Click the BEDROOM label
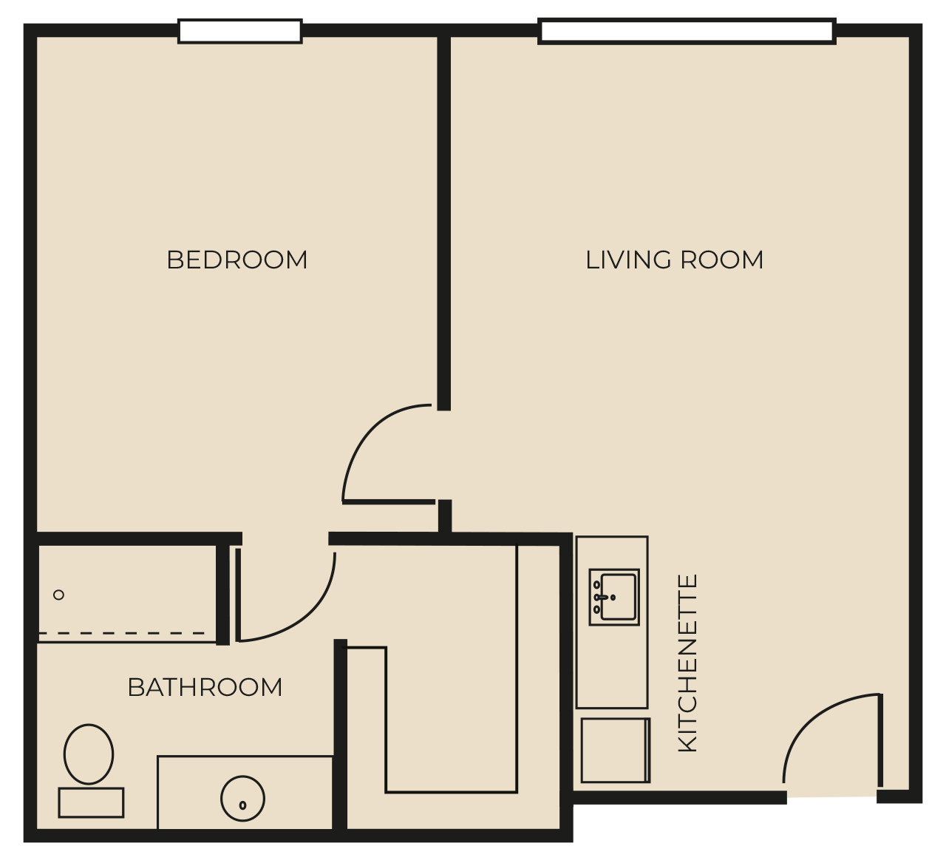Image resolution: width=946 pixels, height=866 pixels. pyautogui.click(x=236, y=260)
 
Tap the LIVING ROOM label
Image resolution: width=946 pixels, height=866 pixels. pyautogui.click(x=674, y=260)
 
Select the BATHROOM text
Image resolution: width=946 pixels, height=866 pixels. pyautogui.click(x=205, y=687)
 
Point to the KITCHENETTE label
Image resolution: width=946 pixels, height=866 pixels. pyautogui.click(x=687, y=663)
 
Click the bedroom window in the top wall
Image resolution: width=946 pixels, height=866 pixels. pyautogui.click(x=240, y=31)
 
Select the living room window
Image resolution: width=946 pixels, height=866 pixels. pyautogui.click(x=687, y=31)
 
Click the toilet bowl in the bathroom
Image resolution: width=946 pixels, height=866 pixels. pyautogui.click(x=89, y=754)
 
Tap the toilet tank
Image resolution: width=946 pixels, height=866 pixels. pyautogui.click(x=91, y=802)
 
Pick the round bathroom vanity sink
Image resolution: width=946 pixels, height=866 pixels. pyautogui.click(x=243, y=799)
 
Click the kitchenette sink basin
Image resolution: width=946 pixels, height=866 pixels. pyautogui.click(x=619, y=597)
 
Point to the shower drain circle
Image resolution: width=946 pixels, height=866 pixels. pyautogui.click(x=58, y=595)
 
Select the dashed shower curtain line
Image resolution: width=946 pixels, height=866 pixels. pyautogui.click(x=122, y=633)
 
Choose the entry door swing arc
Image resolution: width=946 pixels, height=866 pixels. pyautogui.click(x=812, y=714)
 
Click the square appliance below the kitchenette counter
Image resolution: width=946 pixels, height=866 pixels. pyautogui.click(x=616, y=751)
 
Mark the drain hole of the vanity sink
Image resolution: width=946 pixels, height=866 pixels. pyautogui.click(x=243, y=805)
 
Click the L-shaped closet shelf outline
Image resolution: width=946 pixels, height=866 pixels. pyautogui.click(x=517, y=670)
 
